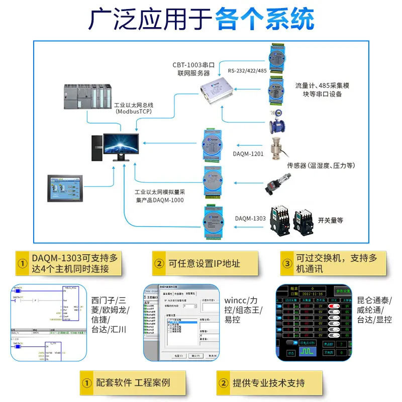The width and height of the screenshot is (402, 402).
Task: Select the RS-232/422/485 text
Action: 247,71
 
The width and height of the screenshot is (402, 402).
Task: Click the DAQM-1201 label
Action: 248,154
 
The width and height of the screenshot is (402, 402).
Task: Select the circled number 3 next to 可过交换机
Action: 287,263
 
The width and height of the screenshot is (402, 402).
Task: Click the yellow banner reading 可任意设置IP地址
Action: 205,263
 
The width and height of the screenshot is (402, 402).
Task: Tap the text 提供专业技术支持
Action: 268,383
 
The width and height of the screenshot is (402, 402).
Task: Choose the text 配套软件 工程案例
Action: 133,383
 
